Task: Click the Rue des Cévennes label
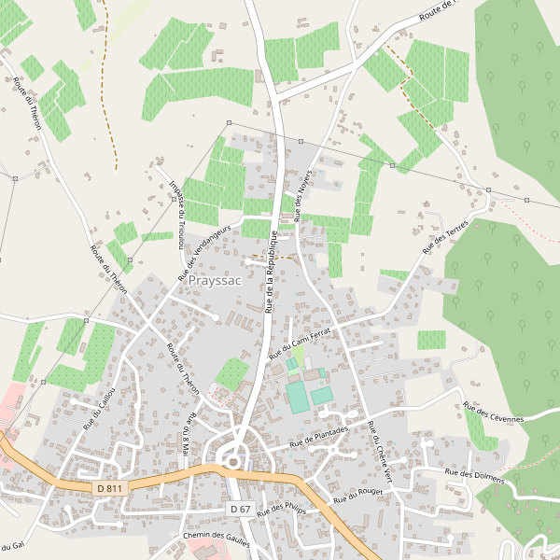click(494, 413)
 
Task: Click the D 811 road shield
click(109, 488)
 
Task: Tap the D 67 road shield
click(240, 509)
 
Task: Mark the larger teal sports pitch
click(297, 396)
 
